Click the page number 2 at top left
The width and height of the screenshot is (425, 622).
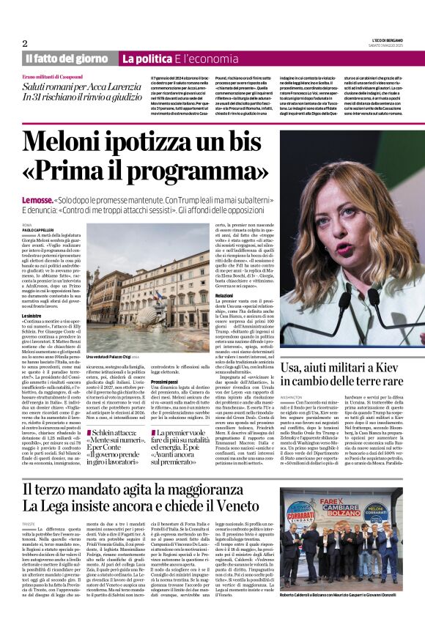(24, 43)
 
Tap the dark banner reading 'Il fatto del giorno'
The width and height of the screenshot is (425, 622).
(67, 58)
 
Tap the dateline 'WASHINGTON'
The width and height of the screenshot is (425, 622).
(292, 397)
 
